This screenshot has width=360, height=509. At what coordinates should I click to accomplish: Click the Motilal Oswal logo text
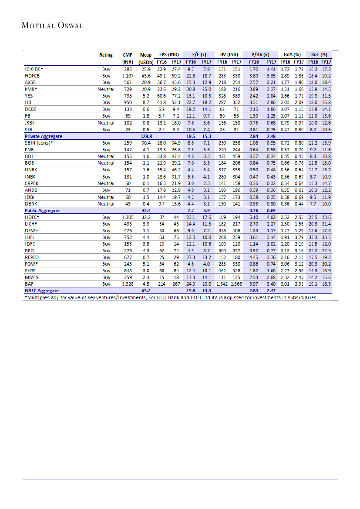click(x=52, y=26)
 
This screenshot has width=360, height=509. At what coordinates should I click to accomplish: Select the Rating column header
click(x=106, y=55)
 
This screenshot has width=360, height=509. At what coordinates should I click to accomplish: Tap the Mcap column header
click(x=145, y=55)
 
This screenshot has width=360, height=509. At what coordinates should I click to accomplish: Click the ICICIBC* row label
click(x=34, y=69)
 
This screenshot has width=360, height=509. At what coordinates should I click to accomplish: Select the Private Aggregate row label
click(x=44, y=136)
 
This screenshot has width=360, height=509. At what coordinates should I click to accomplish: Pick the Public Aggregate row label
click(x=42, y=210)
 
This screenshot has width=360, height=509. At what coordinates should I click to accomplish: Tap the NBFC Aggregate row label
click(x=41, y=290)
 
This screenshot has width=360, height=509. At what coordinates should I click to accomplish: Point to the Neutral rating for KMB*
click(x=106, y=89)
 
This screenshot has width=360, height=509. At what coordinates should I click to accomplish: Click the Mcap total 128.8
click(x=145, y=136)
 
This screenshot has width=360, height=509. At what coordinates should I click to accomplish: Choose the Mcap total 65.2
click(x=146, y=290)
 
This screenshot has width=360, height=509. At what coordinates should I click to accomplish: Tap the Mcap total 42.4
click(x=146, y=210)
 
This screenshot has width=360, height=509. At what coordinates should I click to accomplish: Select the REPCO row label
click(x=31, y=257)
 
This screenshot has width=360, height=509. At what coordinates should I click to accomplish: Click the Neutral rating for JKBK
click(x=106, y=123)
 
